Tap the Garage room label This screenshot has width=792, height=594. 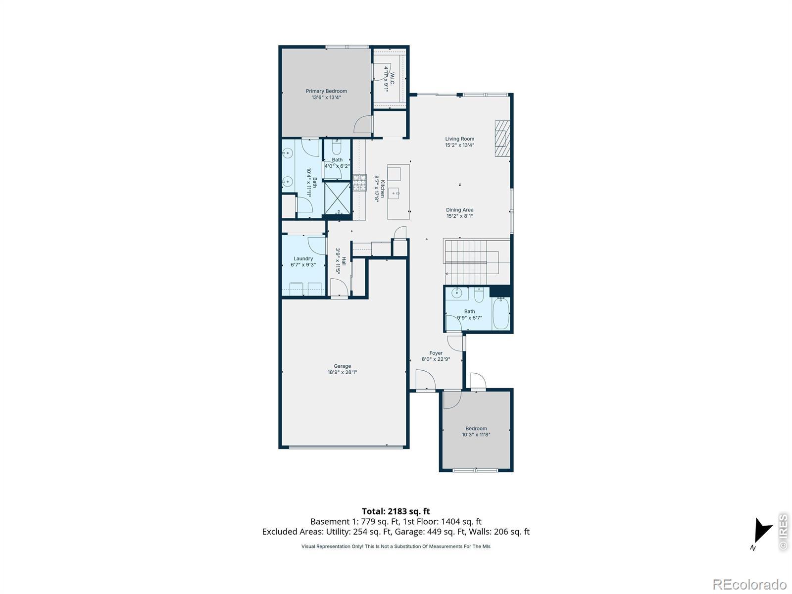(342, 366)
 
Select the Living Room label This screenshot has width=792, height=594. (459, 139)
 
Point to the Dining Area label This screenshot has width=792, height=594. (459, 209)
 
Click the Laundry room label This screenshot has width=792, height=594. (303, 258)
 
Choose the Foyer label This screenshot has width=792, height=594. (436, 353)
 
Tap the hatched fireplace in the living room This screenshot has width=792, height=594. (502, 138)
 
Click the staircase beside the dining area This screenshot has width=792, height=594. (476, 261)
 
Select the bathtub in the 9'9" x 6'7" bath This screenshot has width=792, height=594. (501, 313)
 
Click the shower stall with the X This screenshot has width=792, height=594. (338, 198)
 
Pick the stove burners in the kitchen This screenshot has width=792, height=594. (359, 183)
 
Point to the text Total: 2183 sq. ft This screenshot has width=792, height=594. (396, 511)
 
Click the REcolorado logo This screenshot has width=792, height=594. (749, 584)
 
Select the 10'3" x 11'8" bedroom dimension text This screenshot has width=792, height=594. (476, 434)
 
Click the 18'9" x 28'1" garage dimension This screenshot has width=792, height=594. (342, 372)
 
